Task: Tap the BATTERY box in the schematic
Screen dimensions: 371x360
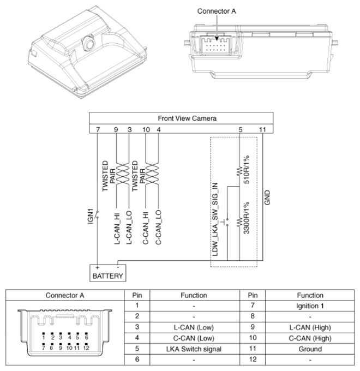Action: pyautogui.click(x=108, y=276)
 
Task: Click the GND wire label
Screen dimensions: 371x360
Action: pyautogui.click(x=267, y=197)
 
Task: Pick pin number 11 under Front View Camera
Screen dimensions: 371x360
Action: pyautogui.click(x=262, y=129)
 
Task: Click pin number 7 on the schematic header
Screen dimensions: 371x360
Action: pyautogui.click(x=97, y=129)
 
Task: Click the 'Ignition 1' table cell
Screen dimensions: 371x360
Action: pyautogui.click(x=311, y=306)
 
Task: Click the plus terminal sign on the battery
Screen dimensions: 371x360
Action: pyautogui.click(x=97, y=267)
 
